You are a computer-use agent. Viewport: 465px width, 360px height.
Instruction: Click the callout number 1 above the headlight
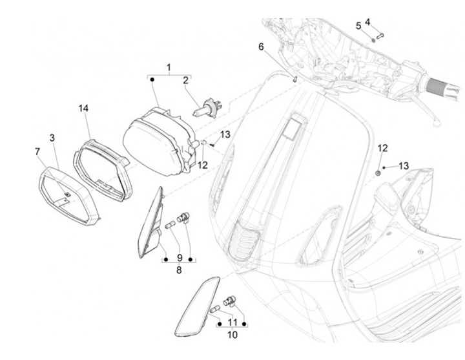[x=169, y=67]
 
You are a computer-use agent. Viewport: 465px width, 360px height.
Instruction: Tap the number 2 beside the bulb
[x=185, y=81]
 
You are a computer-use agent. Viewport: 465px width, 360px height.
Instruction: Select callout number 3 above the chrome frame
[x=52, y=137]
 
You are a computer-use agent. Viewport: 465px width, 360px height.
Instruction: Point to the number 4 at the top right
[x=367, y=22]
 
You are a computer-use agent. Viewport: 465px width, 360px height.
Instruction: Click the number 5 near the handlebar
[x=358, y=26]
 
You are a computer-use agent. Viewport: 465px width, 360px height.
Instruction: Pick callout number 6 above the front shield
[x=261, y=47]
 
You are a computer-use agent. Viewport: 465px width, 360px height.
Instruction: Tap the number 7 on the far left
[x=37, y=151]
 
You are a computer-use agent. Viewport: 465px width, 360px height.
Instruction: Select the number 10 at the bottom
[x=233, y=335]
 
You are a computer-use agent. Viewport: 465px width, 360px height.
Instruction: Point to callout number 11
[x=233, y=322]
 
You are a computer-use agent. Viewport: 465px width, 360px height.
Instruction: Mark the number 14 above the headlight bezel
[x=83, y=108]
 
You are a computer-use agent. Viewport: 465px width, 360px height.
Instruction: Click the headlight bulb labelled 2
[x=210, y=106]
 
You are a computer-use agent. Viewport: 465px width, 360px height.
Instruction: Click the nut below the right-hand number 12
[x=377, y=173]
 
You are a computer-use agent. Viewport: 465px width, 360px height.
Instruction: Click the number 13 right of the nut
[x=404, y=166]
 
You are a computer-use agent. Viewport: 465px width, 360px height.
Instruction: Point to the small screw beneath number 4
[x=379, y=34]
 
